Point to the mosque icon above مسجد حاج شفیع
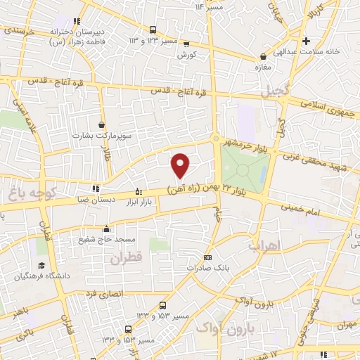coord(106,228)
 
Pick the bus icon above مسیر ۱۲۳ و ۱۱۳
coord(153,29)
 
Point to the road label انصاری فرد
coord(103,292)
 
